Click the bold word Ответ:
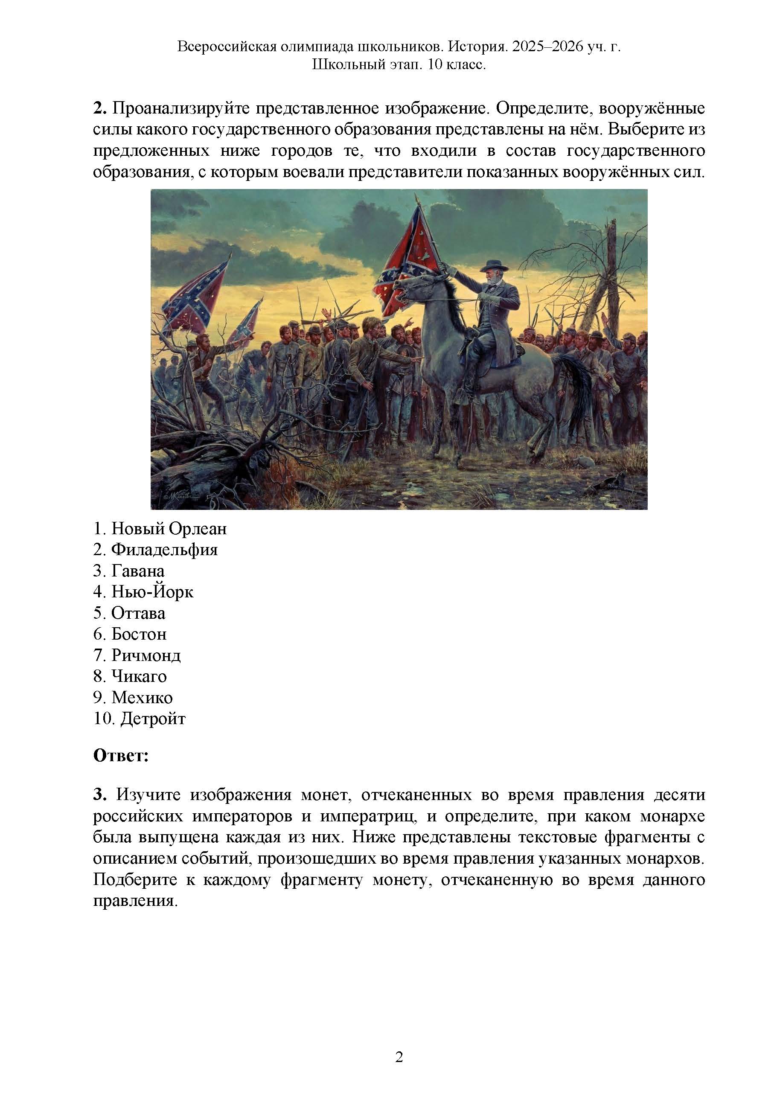pos(121,756)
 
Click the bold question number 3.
pos(99,795)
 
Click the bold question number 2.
pos(99,108)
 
